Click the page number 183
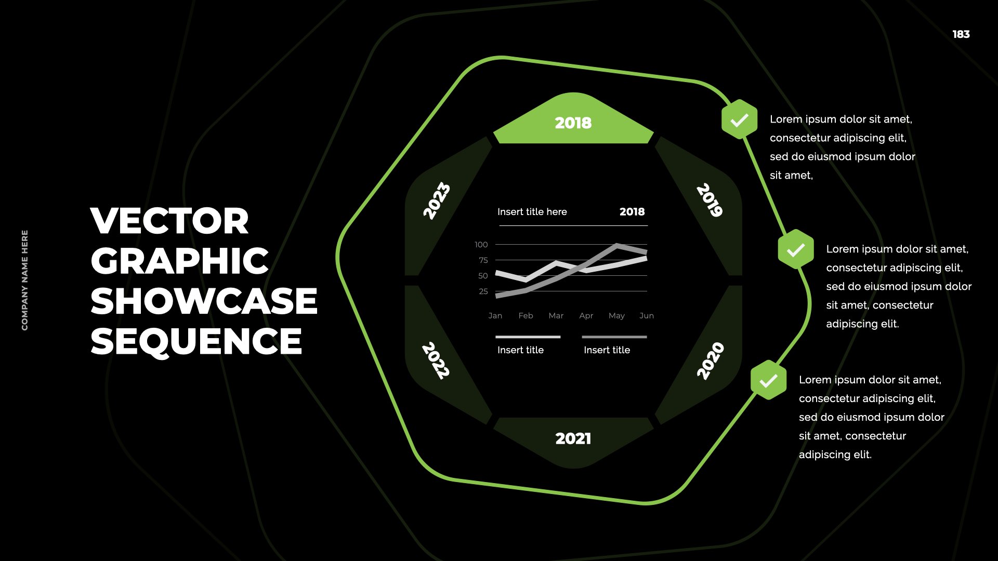[961, 34]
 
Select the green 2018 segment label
[573, 123]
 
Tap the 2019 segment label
[710, 200]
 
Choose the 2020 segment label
[710, 361]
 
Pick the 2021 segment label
[573, 439]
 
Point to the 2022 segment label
[436, 360]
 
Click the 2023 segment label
[436, 201]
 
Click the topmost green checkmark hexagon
[739, 119]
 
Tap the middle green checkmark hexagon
[796, 249]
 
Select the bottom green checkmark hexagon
[768, 380]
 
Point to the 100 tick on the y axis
[481, 245]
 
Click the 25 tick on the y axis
[483, 291]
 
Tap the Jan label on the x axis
[495, 316]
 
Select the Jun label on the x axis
[647, 316]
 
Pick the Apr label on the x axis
[586, 316]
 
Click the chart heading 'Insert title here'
[532, 212]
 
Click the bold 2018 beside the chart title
[632, 212]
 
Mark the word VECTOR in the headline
[170, 221]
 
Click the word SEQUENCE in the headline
[196, 341]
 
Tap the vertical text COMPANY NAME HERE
[25, 280]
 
